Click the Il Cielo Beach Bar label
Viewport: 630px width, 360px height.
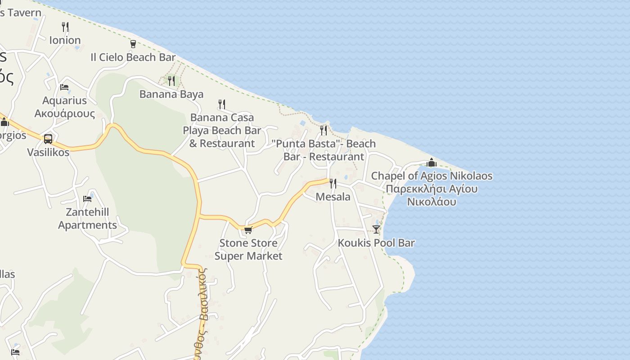pyautogui.click(x=133, y=57)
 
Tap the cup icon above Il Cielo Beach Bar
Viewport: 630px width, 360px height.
pyautogui.click(x=133, y=44)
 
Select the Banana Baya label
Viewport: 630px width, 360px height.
pyautogui.click(x=171, y=94)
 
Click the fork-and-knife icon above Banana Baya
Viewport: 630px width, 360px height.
pyautogui.click(x=171, y=81)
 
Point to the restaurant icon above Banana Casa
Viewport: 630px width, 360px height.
pyautogui.click(x=221, y=104)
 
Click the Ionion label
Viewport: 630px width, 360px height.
pyautogui.click(x=65, y=40)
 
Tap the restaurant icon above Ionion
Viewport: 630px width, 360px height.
pyautogui.click(x=65, y=27)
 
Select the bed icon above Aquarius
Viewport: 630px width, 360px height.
pyautogui.click(x=64, y=87)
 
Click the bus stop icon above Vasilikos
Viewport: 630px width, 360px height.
pyautogui.click(x=48, y=139)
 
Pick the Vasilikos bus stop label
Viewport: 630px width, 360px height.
pyautogui.click(x=48, y=152)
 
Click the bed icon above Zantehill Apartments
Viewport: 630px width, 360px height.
pyautogui.click(x=87, y=198)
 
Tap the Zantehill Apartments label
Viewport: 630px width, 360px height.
pyautogui.click(x=87, y=218)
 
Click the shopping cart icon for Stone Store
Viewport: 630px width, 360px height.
pyautogui.click(x=248, y=230)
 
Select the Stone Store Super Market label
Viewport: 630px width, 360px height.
pyautogui.click(x=248, y=249)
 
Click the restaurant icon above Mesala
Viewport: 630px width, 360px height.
pyautogui.click(x=333, y=183)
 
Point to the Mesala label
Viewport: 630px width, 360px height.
pyautogui.click(x=333, y=197)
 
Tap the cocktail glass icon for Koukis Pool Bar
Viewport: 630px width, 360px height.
pyautogui.click(x=376, y=229)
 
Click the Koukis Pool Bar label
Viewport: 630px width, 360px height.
pyautogui.click(x=376, y=243)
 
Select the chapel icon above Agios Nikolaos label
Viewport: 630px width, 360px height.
pyautogui.click(x=432, y=162)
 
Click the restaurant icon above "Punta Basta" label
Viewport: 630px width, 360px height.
pyautogui.click(x=324, y=130)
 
